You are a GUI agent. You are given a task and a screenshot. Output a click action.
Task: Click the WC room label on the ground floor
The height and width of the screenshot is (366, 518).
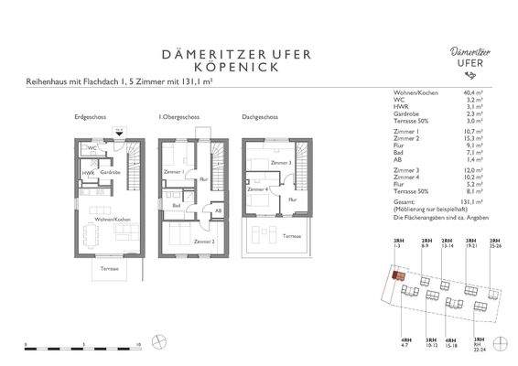92,147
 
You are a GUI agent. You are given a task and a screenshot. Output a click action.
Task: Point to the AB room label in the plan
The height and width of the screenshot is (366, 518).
218,210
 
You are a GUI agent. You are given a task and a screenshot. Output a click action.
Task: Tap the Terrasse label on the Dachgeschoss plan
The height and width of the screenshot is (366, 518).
291,235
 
